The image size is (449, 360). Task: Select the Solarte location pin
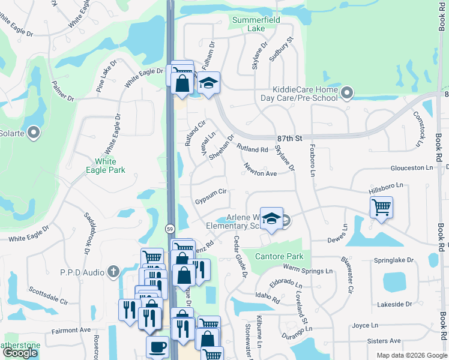[x=34, y=133]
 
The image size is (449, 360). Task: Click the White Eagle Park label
[x=109, y=166]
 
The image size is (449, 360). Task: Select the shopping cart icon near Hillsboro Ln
[x=381, y=208]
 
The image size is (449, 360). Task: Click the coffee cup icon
[x=158, y=347]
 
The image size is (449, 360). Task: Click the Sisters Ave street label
[x=385, y=341]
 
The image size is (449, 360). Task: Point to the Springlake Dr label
[x=394, y=260]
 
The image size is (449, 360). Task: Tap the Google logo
[x=20, y=353]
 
